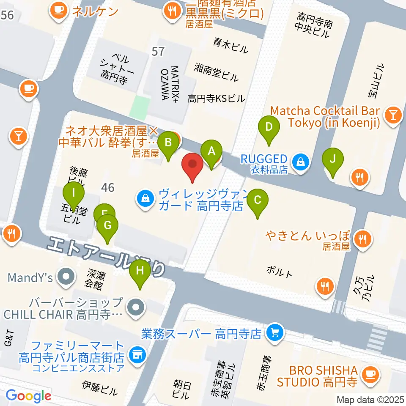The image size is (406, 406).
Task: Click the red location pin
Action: tap(192, 165)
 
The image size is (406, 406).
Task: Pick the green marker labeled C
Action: tap(258, 200)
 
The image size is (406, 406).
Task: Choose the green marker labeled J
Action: tap(333, 161)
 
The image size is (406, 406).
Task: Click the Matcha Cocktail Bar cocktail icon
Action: tap(393, 115)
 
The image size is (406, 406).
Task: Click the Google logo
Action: tap(28, 396)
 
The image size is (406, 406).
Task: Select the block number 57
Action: tap(158, 52)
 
